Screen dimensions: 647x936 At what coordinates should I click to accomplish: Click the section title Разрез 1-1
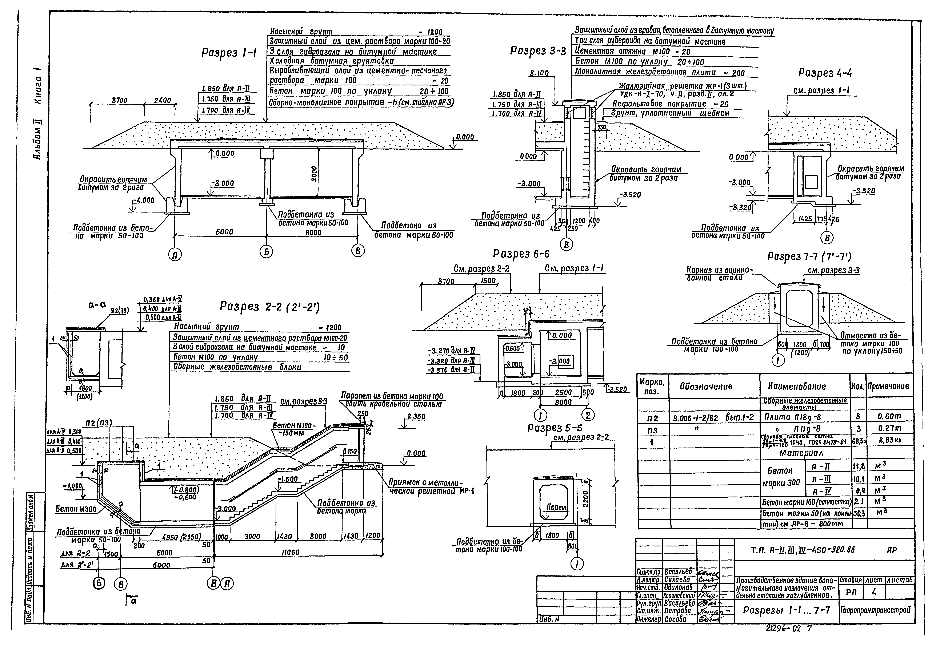(x=229, y=53)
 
